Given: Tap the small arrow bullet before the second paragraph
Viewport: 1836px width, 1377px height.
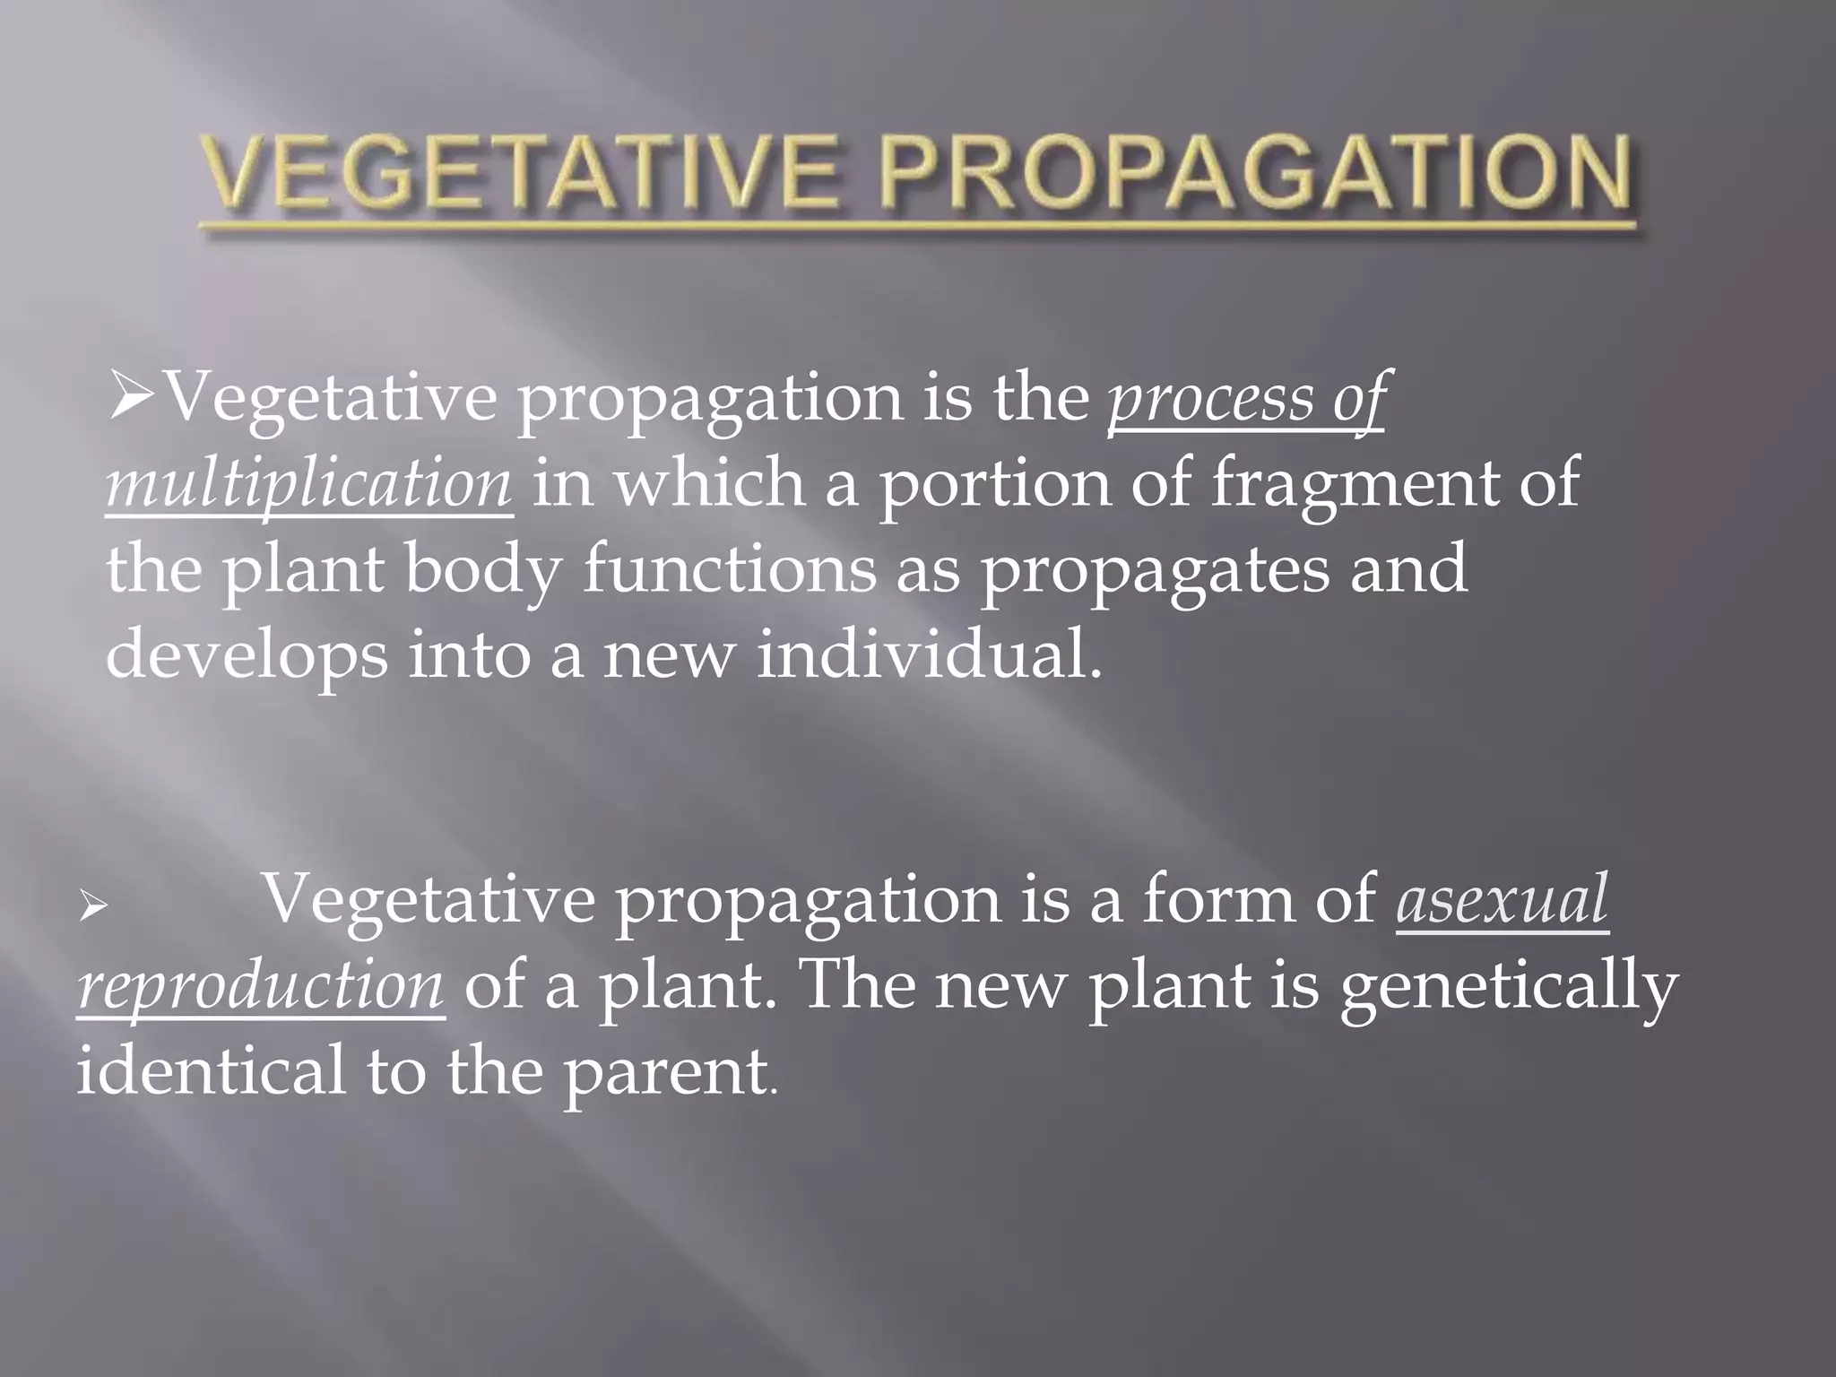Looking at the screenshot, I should [x=92, y=907].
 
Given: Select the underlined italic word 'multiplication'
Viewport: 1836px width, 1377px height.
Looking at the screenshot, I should [x=309, y=485].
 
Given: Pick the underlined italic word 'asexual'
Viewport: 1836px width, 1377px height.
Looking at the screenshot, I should [x=1502, y=900].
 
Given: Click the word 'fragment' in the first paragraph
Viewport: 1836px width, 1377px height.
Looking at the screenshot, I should [x=1354, y=485].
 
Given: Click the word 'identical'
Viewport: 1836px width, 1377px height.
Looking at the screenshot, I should [x=211, y=1070].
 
